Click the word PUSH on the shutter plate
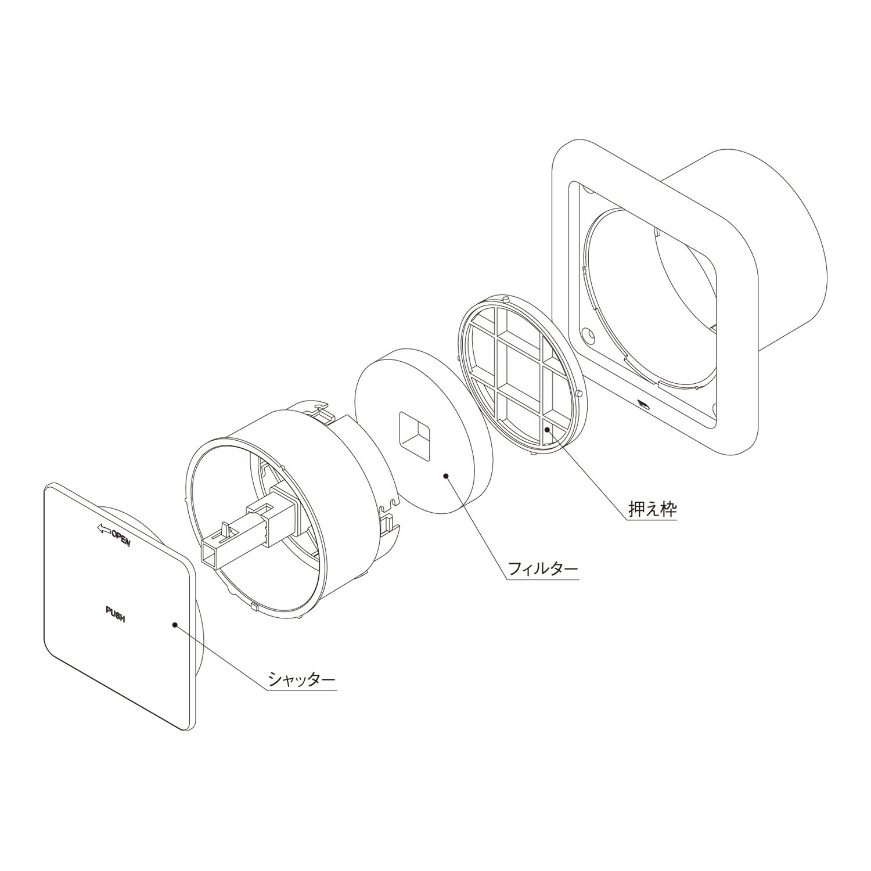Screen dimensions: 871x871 click(116, 614)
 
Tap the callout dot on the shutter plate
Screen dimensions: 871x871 click(174, 625)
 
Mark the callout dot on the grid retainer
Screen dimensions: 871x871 click(546, 429)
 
